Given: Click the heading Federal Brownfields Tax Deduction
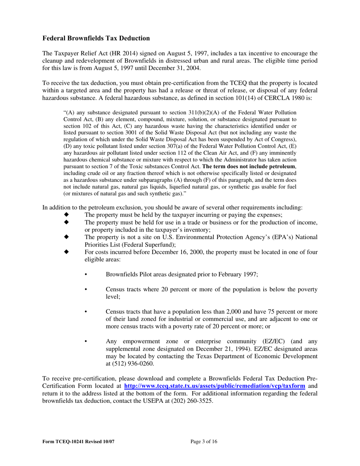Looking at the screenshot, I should point(96,38).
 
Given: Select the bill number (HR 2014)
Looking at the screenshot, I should point(110,53).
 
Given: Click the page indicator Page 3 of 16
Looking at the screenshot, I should point(204,441).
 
